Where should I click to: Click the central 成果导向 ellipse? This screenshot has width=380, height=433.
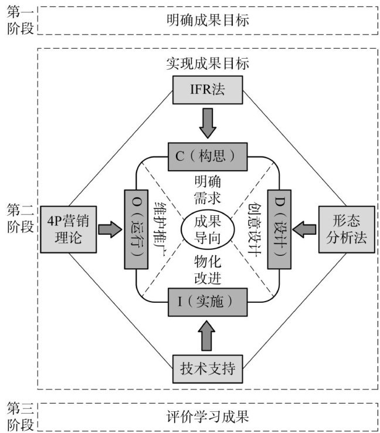coord(206,229)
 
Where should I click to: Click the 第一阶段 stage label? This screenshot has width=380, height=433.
coord(21,21)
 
